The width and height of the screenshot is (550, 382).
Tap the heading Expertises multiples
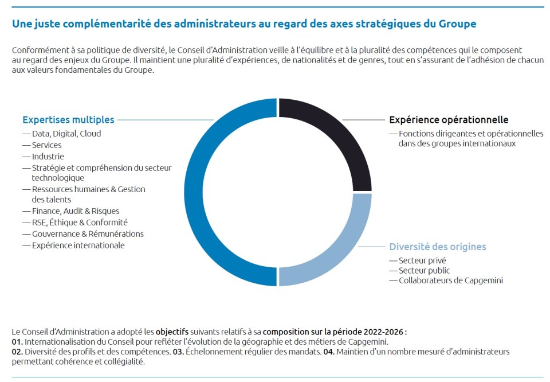[x=68, y=120]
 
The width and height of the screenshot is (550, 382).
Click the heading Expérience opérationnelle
[x=449, y=120]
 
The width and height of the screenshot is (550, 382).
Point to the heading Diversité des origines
[x=437, y=247]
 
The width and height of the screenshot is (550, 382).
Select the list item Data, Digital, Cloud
[x=66, y=134]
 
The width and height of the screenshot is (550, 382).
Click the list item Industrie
[x=48, y=157]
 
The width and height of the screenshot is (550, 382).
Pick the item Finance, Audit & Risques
[x=76, y=211]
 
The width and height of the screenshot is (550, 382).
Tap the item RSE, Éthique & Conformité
[x=80, y=223]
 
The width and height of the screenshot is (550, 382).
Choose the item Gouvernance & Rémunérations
[x=88, y=234]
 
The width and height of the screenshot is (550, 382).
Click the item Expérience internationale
[x=78, y=245]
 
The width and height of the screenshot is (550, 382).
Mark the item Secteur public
[x=424, y=271]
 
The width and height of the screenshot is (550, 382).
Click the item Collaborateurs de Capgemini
[x=451, y=280]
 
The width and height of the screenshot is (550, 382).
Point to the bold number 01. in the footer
[x=17, y=342]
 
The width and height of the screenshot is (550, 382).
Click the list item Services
[x=47, y=145]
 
